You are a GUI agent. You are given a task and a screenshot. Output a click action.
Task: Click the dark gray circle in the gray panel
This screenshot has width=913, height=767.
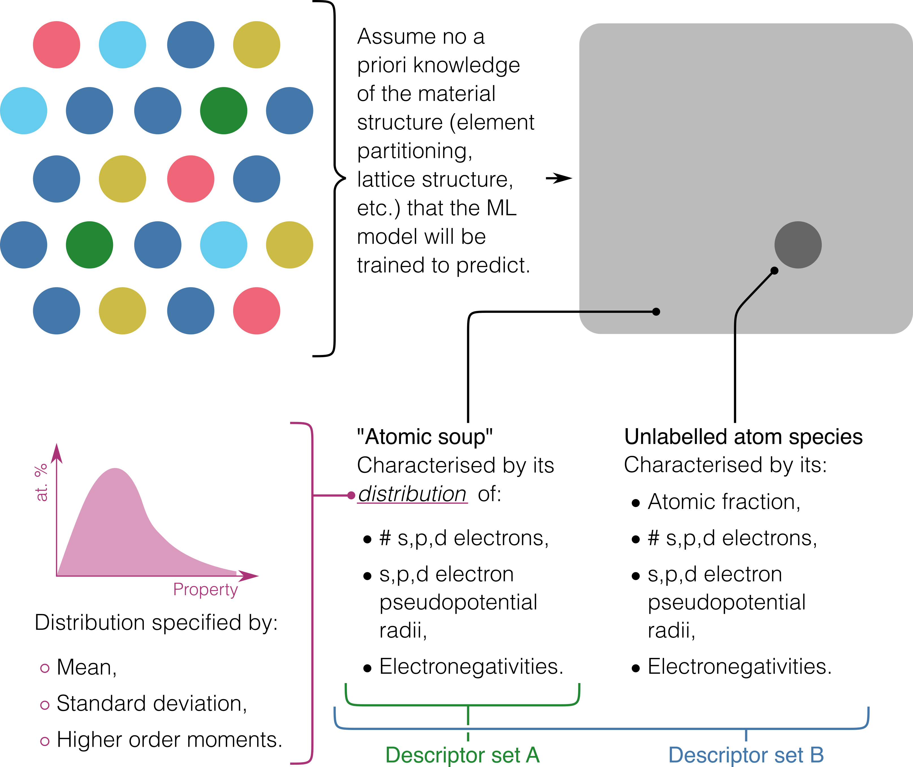click(798, 245)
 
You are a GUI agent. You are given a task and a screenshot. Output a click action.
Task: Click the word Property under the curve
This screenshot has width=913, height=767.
click(205, 590)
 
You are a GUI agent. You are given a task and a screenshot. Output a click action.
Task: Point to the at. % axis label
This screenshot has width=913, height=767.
click(41, 483)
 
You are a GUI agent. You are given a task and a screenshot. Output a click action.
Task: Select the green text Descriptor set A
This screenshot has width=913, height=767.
click(462, 755)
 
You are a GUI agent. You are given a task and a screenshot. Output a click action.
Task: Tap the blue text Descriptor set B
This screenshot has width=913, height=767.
click(746, 755)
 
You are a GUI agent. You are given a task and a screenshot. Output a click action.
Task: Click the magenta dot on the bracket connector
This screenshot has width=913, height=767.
click(351, 495)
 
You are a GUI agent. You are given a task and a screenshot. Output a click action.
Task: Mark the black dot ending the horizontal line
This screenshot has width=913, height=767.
click(656, 312)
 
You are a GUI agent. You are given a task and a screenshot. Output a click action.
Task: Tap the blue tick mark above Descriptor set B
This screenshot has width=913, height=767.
click(746, 735)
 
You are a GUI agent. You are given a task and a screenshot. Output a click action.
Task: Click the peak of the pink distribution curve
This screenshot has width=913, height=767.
click(115, 469)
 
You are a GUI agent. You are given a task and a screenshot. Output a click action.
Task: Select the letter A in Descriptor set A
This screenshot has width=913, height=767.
click(533, 755)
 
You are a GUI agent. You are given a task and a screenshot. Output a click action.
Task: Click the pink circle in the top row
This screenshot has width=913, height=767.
click(57, 44)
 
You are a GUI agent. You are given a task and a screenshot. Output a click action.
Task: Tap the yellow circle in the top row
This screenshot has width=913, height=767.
click(257, 44)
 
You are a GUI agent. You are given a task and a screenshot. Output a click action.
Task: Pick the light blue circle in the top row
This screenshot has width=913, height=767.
click(122, 44)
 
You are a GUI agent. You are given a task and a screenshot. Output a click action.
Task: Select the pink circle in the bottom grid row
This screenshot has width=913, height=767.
click(257, 311)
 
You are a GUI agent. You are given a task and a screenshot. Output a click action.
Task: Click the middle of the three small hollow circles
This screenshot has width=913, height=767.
click(44, 705)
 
